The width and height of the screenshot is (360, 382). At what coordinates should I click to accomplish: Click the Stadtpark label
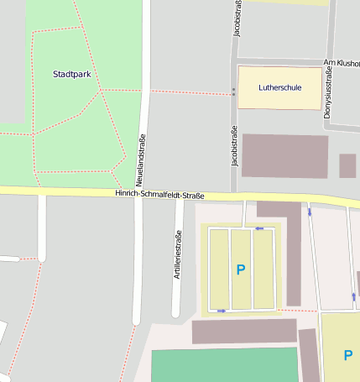pos(71,74)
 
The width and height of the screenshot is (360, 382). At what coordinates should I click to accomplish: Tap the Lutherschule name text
pos(279,86)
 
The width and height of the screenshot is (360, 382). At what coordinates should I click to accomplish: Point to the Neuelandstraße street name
pos(142,160)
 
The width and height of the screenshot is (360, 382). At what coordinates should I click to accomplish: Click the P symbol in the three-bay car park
pos(241,269)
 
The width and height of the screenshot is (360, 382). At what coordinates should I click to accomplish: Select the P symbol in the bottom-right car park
pos(347,355)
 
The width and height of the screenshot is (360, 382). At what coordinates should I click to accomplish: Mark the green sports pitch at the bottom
pos(225,365)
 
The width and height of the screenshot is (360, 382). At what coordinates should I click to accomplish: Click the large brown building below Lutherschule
pos(284,155)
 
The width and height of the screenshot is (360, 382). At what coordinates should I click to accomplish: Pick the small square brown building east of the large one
pos(347,165)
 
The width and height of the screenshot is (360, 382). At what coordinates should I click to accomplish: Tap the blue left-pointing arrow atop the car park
pos(259,228)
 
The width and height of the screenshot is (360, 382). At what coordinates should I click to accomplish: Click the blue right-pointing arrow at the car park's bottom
pos(221,311)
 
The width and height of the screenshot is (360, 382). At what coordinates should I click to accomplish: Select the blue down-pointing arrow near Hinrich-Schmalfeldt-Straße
pos(310,212)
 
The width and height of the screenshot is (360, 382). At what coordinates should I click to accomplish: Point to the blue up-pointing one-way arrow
pos(353,296)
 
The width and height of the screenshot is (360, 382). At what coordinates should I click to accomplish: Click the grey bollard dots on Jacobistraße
pos(233,92)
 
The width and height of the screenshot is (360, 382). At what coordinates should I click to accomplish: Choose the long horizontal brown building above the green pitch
pos(244,331)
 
